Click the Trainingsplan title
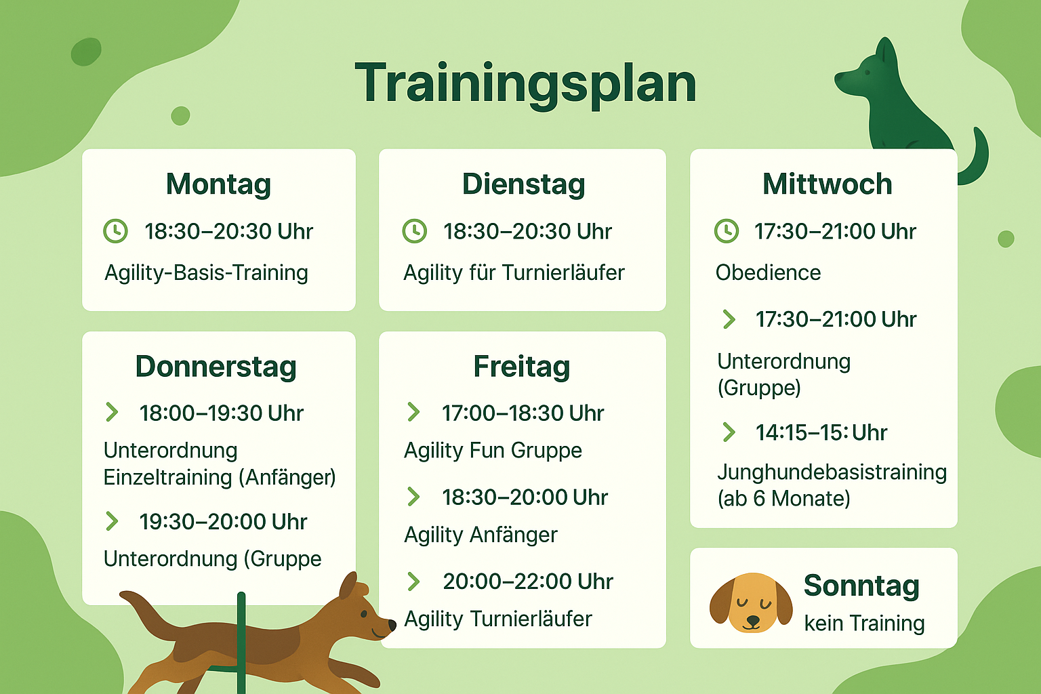coord(525,85)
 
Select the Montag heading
coord(218,185)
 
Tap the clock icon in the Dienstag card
coord(414,231)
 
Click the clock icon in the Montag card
coord(115,231)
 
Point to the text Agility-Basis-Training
coord(206,273)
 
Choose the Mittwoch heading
coord(828,184)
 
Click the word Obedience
coord(768,272)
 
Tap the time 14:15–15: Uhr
coord(821,433)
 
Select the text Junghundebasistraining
coord(832,473)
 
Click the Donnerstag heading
coord(216,367)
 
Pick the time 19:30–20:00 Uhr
coord(223,522)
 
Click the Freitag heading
coord(522,367)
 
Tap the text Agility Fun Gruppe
coord(493,451)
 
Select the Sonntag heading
coord(861,586)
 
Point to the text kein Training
coord(864,624)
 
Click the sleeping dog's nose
coord(752,620)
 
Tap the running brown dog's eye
coord(364,615)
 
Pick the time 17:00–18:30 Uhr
coord(523,413)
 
